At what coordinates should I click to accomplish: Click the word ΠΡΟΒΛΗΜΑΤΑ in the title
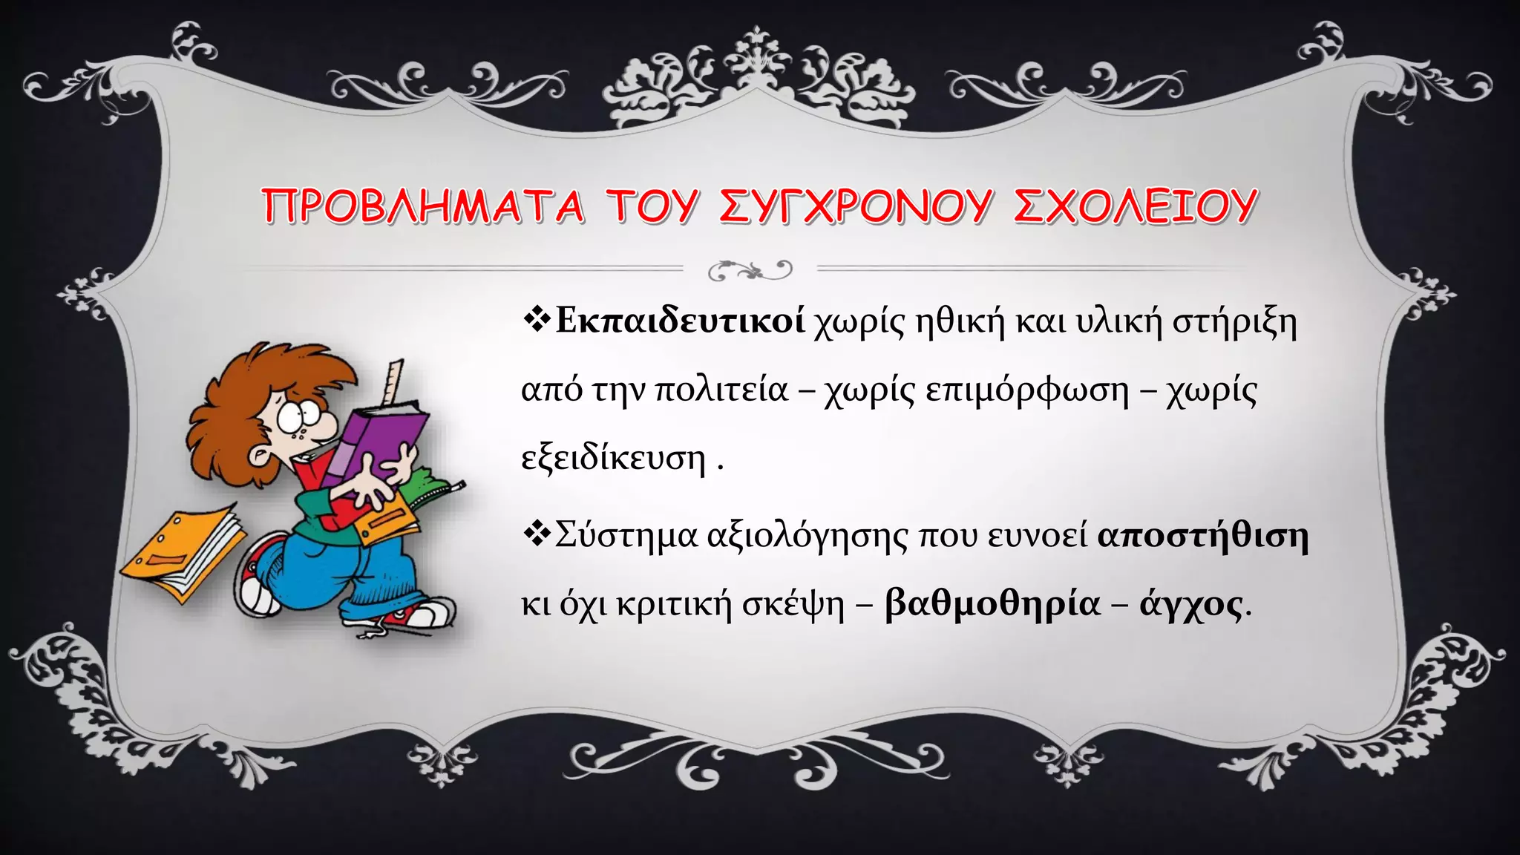[423, 206]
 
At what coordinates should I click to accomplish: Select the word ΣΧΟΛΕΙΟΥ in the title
[1135, 206]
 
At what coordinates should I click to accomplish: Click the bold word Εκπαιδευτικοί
[680, 321]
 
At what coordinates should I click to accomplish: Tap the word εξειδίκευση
[613, 458]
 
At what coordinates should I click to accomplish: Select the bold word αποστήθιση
[1202, 534]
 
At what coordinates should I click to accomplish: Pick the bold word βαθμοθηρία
[992, 603]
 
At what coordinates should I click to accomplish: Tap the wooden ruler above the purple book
[393, 383]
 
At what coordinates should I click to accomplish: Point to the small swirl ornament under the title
[750, 270]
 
